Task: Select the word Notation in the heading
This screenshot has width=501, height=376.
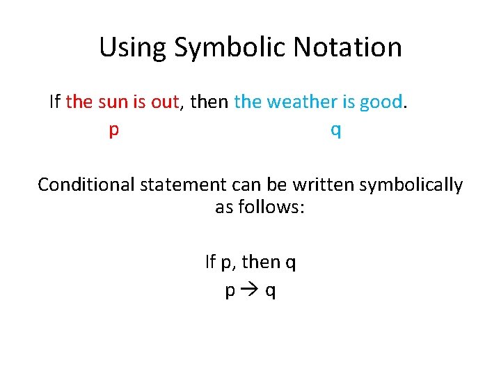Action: point(348,47)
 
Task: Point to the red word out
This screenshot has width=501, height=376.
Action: point(165,102)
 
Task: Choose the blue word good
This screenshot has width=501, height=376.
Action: point(381,102)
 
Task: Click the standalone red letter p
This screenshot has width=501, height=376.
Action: point(113,131)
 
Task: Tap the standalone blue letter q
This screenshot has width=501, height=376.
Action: point(336,131)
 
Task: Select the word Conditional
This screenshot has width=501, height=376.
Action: point(86,185)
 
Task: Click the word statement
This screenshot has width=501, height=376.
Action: point(182,185)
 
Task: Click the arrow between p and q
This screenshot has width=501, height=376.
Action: point(250,290)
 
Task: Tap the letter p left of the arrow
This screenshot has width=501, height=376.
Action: point(230,292)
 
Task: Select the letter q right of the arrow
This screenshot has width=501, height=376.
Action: point(270,292)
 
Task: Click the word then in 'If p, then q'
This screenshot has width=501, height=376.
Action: point(262,263)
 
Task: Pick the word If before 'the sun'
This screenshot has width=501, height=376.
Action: point(55,102)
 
